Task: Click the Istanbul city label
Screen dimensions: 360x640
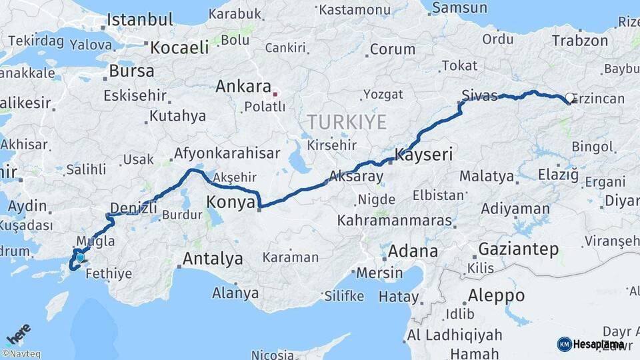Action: click(x=140, y=19)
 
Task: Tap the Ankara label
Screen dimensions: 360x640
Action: click(x=243, y=87)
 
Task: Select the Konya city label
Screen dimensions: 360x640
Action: click(x=231, y=201)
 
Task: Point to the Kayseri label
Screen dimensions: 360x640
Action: click(x=424, y=155)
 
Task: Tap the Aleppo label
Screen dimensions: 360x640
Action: click(x=495, y=295)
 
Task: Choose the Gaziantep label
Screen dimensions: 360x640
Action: click(x=519, y=249)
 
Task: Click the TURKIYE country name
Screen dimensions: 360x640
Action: click(x=346, y=122)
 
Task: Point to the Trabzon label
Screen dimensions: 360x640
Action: click(x=580, y=41)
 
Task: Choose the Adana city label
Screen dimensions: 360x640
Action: click(x=413, y=251)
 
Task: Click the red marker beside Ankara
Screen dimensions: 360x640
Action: click(x=275, y=94)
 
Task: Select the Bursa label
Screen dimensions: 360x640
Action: click(x=131, y=70)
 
